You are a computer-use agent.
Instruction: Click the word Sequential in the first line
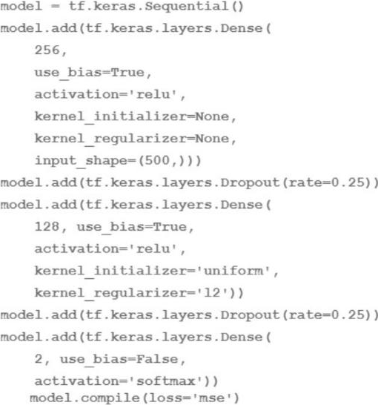coord(186,6)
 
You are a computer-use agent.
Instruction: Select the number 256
coord(47,50)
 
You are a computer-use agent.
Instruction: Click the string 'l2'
coord(211,293)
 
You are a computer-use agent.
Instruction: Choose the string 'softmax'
coord(169,381)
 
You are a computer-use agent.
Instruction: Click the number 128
coord(47,226)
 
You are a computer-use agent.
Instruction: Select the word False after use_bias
coord(157,359)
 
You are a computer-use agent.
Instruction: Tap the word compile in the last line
coord(110,398)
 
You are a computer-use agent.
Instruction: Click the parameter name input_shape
coord(81,161)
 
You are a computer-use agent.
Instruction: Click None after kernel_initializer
coord(212,116)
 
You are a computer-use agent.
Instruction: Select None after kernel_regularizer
coord(212,139)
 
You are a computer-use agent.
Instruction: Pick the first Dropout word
coord(250,183)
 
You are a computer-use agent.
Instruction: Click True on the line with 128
coord(170,227)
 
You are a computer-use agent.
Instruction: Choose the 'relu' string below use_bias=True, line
coord(153,94)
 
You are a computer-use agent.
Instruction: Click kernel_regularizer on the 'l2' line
coord(110,293)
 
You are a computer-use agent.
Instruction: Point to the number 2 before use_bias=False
coord(39,359)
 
